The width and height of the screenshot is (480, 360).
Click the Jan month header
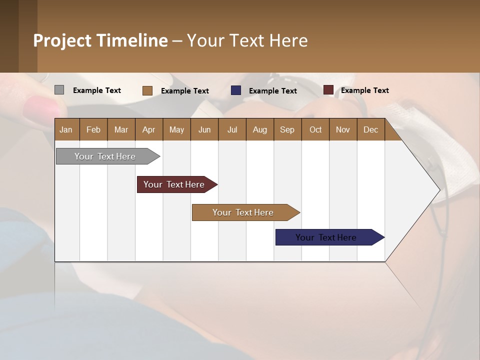(66, 129)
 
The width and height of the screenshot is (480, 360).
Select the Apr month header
(148, 129)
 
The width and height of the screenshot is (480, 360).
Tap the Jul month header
(232, 129)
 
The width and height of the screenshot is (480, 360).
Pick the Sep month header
(287, 129)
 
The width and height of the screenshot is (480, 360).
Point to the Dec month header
(370, 129)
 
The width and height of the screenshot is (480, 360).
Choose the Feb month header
(93, 129)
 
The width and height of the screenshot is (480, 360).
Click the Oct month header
(315, 129)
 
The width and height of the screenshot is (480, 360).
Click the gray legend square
(59, 90)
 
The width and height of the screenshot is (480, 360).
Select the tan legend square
(147, 90)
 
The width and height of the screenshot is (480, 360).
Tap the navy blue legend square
(236, 90)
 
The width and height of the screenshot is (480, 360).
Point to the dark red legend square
(328, 90)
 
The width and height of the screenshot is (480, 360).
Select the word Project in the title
(62, 40)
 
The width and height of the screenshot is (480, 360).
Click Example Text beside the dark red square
(364, 90)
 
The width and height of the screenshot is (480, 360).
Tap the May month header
(176, 129)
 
